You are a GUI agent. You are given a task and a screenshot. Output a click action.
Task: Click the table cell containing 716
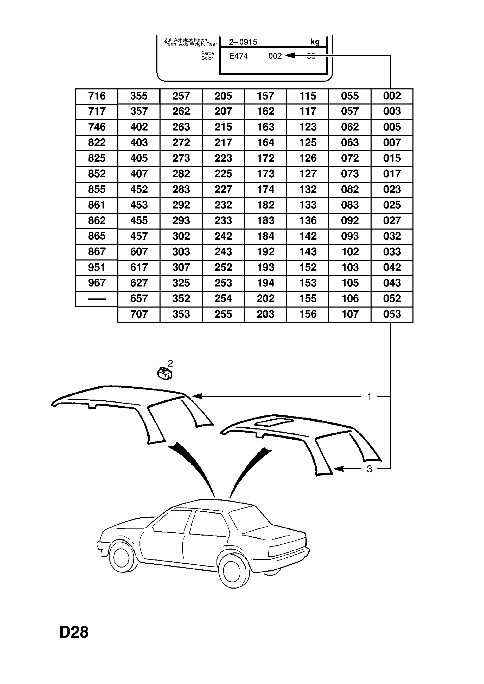(x=97, y=96)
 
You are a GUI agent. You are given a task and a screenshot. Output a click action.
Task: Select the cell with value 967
(x=97, y=283)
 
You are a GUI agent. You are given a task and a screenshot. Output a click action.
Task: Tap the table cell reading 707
(x=139, y=314)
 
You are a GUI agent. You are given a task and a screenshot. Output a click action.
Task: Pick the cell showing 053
(x=392, y=314)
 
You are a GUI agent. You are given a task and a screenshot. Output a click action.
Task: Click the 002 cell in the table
(x=392, y=96)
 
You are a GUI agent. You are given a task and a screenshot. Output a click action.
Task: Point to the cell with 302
(x=181, y=236)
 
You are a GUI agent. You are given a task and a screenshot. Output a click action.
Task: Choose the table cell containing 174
(x=265, y=189)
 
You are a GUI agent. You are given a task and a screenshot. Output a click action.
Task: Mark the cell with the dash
(x=97, y=298)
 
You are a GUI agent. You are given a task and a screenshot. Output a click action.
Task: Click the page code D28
(x=74, y=632)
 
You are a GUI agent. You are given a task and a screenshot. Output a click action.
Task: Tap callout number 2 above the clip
(x=170, y=363)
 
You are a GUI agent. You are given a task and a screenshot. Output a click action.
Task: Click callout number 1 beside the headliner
(x=370, y=396)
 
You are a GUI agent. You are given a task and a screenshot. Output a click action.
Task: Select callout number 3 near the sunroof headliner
(x=370, y=469)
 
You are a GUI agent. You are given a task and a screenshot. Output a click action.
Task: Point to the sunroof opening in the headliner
(x=275, y=422)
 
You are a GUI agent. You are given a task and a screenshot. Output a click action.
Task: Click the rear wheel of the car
(x=233, y=569)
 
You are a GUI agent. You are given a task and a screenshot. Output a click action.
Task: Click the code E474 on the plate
(x=238, y=56)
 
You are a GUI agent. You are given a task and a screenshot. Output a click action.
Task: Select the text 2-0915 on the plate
(x=243, y=42)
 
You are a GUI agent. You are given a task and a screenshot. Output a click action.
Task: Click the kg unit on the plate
(x=315, y=42)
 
